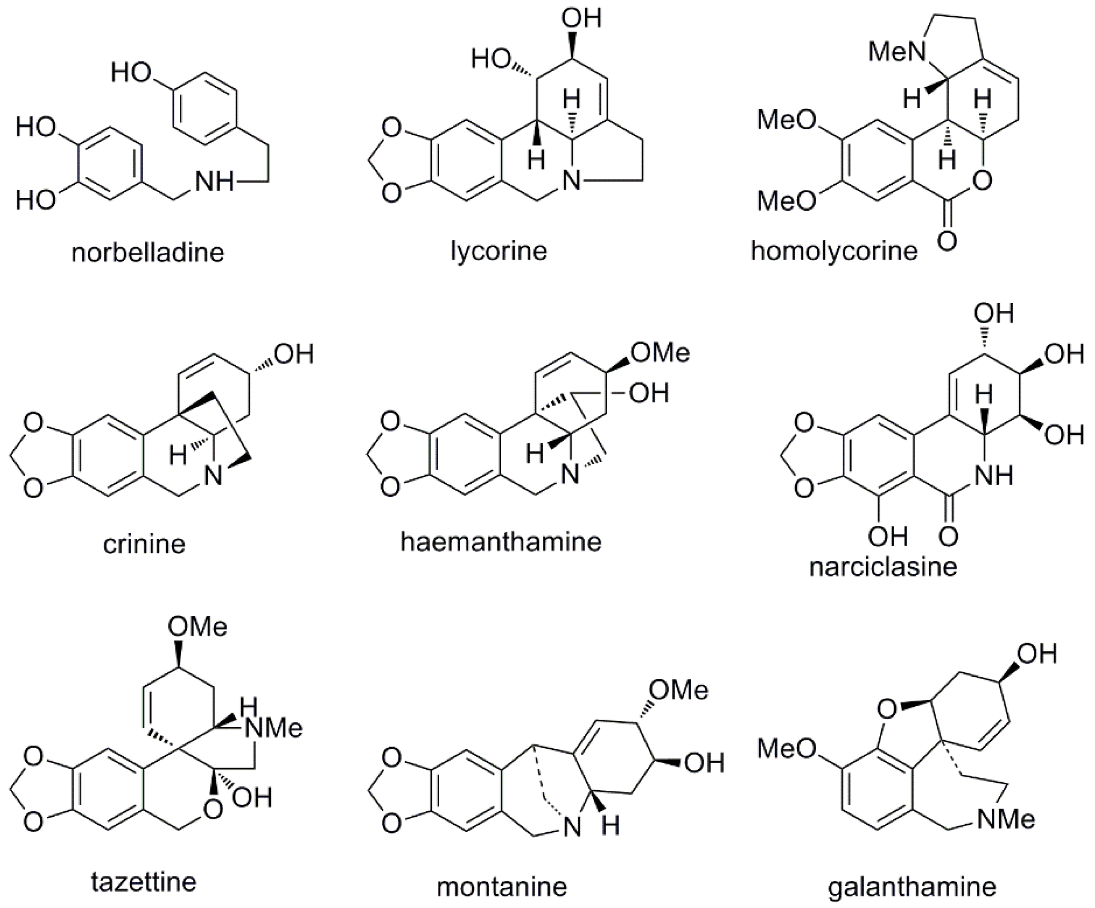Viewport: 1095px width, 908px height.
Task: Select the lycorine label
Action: (x=499, y=251)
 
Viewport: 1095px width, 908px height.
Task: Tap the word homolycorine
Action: (x=834, y=251)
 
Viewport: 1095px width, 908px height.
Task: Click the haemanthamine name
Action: (x=500, y=541)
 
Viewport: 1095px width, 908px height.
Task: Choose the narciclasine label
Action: (x=883, y=567)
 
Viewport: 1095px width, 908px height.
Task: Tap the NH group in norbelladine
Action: (x=214, y=182)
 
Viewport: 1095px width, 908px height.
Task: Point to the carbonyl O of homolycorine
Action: (x=947, y=241)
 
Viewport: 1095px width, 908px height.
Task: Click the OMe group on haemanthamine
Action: (x=660, y=353)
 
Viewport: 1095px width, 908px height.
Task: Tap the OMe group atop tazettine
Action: (x=197, y=627)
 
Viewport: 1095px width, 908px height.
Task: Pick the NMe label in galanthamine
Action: (x=1005, y=819)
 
